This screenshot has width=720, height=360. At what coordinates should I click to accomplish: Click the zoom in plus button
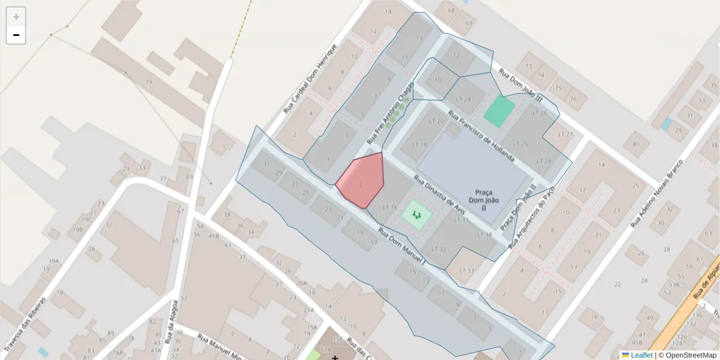pos(16,17)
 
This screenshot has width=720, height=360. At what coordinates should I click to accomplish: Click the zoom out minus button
pos(16,35)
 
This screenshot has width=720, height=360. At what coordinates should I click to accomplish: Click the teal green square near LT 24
pos(499,111)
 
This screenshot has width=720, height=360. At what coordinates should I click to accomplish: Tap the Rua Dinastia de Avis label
pos(440,195)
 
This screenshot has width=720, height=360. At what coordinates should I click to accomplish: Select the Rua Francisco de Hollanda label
pos(481,135)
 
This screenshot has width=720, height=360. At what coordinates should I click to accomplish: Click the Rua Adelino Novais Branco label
pos(657,193)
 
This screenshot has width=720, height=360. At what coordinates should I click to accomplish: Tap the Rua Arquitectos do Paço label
pos(531,217)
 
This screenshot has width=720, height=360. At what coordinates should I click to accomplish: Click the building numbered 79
pos(148,82)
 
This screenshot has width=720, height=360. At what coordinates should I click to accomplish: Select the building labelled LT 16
pos(390,208)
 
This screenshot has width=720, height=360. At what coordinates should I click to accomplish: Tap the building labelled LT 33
pos(466,271)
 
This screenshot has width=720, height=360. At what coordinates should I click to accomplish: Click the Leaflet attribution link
pos(641,355)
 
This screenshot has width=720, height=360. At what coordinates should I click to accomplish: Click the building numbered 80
pos(635,144)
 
